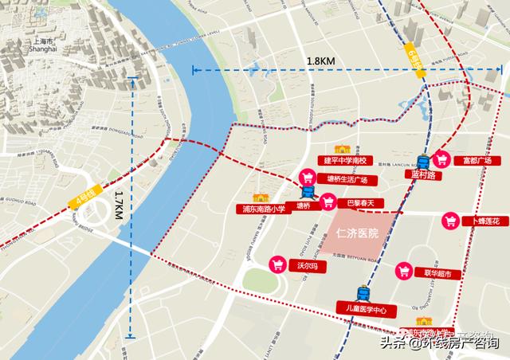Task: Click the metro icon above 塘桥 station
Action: point(308,192)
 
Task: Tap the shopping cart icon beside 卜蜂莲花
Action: point(452,221)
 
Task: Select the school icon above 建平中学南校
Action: point(343,150)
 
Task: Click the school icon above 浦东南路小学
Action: point(259,198)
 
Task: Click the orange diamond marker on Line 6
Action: point(420,73)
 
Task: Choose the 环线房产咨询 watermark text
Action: point(460,343)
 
